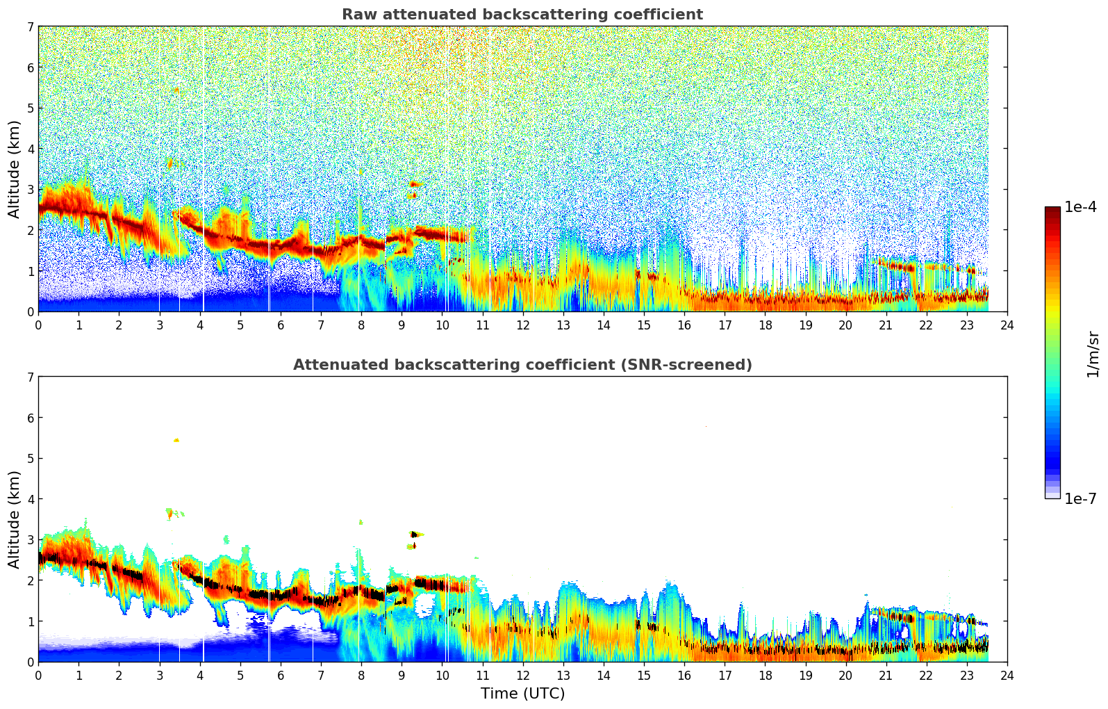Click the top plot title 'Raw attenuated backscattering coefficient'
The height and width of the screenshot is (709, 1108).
click(x=522, y=15)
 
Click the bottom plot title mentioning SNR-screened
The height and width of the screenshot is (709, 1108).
click(x=522, y=365)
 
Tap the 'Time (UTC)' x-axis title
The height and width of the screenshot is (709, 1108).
click(x=522, y=694)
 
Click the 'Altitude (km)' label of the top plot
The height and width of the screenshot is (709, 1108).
click(x=15, y=169)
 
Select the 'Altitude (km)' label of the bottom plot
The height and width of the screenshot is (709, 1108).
click(x=15, y=519)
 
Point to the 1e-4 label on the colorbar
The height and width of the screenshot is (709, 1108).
click(x=1080, y=207)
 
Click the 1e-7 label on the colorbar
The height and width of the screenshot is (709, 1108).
click(x=1080, y=498)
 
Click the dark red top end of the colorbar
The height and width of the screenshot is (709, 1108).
click(x=1052, y=210)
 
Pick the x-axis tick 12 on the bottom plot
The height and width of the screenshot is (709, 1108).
click(x=522, y=675)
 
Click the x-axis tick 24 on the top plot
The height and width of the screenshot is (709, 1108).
click(x=1007, y=325)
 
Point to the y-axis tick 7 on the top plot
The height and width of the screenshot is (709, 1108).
click(x=31, y=26)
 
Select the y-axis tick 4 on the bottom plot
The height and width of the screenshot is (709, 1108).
click(x=31, y=499)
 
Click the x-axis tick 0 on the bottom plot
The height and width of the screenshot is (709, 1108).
click(x=38, y=675)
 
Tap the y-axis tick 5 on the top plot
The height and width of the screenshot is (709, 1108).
click(x=31, y=108)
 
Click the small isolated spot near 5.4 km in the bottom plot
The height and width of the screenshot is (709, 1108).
click(x=176, y=440)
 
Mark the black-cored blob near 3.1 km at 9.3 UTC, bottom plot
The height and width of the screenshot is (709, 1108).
click(x=414, y=534)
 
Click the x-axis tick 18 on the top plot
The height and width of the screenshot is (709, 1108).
click(x=765, y=325)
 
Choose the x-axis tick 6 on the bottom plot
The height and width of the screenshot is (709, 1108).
click(x=281, y=675)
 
